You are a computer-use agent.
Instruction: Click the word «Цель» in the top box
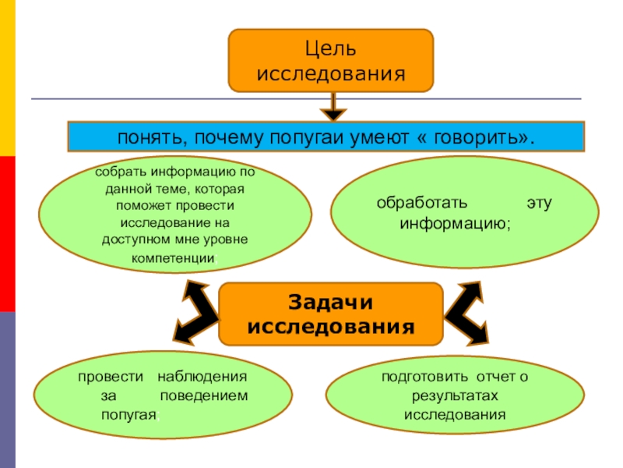(x=330, y=50)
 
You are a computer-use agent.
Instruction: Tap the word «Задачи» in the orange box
(x=331, y=301)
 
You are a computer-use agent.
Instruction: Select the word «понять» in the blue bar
(x=149, y=137)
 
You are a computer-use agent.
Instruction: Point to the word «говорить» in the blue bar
(x=478, y=137)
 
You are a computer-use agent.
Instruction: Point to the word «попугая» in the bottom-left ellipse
(x=129, y=414)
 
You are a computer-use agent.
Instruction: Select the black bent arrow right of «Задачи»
(x=470, y=312)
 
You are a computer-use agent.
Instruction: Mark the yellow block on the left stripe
(x=8, y=78)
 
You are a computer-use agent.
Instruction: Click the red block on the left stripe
(x=8, y=234)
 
